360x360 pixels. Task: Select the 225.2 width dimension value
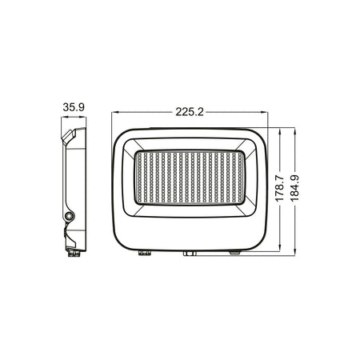189,113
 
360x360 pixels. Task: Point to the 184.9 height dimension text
294,190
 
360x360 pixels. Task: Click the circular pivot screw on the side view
70,216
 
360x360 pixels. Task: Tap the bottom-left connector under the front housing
145,252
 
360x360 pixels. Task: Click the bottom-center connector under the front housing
190,254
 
